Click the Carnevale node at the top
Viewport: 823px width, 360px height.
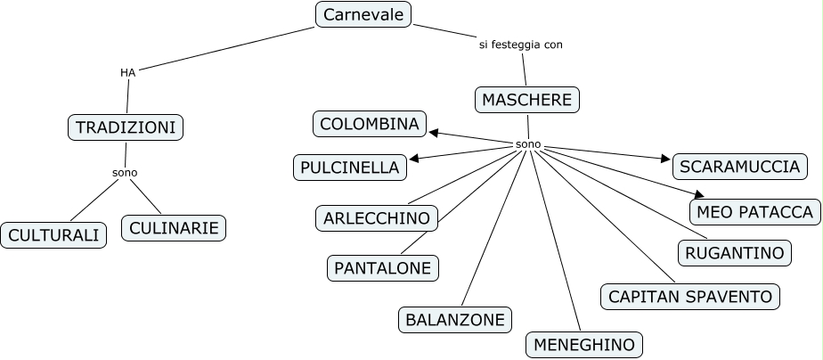tap(363, 14)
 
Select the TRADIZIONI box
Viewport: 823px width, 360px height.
tap(125, 127)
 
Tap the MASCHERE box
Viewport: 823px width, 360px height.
tap(526, 100)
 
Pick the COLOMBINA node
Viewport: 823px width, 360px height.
tap(370, 124)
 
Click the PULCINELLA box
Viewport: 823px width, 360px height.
tap(350, 167)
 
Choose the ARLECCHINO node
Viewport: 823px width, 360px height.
tap(377, 217)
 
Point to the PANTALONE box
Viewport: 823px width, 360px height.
tap(382, 266)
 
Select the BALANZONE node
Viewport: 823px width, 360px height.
tap(455, 319)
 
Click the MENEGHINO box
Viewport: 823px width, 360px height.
tap(584, 345)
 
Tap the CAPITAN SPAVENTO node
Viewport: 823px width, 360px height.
tap(690, 296)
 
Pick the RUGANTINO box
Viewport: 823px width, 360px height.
tap(735, 253)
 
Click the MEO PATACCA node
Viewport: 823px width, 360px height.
tap(754, 212)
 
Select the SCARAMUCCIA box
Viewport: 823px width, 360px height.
tap(739, 166)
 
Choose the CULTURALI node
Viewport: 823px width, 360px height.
tap(53, 235)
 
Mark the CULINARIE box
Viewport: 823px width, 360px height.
tap(174, 228)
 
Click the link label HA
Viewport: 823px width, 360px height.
tap(127, 72)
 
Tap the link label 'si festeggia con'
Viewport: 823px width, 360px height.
tap(521, 44)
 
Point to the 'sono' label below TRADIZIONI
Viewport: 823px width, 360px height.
tap(125, 172)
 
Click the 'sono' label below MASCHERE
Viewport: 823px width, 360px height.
tap(528, 144)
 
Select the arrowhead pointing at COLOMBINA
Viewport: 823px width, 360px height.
tap(434, 133)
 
